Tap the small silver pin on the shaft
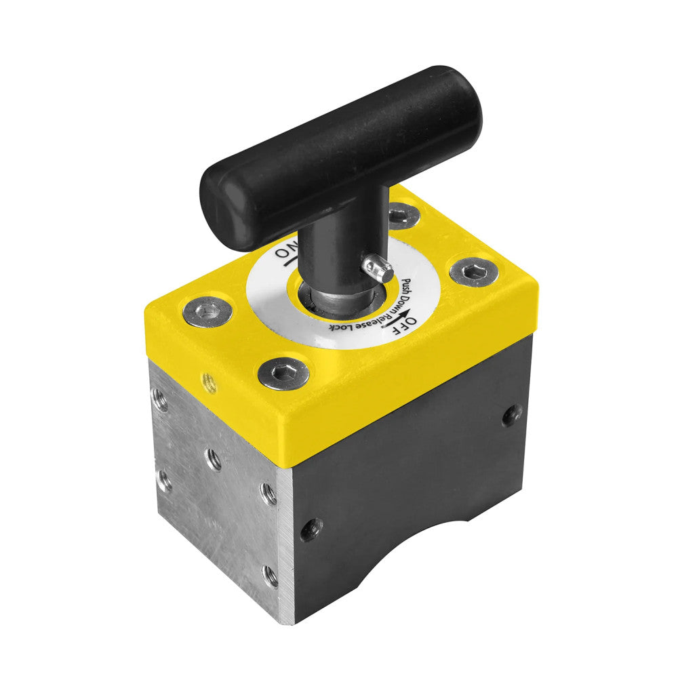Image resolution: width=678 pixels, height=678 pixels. tap(378, 269)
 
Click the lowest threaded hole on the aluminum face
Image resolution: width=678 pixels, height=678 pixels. tap(270, 576)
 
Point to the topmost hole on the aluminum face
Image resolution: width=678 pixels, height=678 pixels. tap(160, 399)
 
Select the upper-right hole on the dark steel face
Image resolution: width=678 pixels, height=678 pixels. tap(512, 414)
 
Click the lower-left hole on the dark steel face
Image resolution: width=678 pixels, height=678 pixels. tap(311, 528)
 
